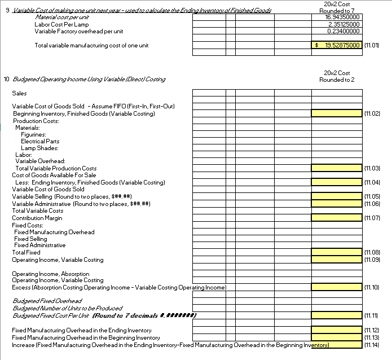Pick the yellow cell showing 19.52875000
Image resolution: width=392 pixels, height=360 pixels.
tap(336, 45)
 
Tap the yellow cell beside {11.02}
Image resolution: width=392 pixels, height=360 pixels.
tap(336, 113)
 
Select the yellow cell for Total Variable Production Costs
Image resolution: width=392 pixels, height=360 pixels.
tap(336, 168)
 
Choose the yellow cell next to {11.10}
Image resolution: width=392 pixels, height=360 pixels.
tap(336, 288)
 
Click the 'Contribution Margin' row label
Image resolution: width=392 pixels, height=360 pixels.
tap(37, 218)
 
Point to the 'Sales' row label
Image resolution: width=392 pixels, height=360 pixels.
tap(19, 93)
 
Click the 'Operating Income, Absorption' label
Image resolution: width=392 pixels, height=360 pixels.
tap(51, 274)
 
